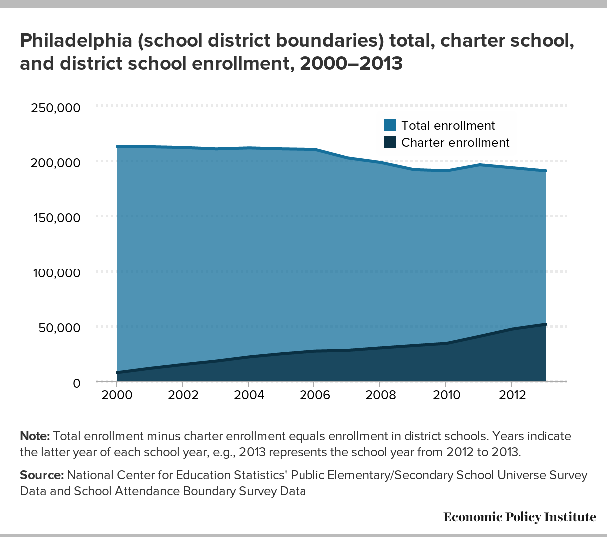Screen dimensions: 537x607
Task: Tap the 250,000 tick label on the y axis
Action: [56, 108]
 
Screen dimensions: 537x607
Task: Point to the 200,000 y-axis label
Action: [56, 163]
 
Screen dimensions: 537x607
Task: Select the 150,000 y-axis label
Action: [56, 218]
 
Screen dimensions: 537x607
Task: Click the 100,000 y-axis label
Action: [56, 273]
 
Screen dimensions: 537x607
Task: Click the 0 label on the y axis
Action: [76, 383]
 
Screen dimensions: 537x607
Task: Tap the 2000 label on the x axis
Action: [116, 395]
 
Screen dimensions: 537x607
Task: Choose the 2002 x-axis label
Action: [182, 395]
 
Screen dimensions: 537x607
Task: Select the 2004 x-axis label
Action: [248, 395]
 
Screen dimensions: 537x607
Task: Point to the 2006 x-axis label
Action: [314, 395]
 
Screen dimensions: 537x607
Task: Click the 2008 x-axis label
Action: [380, 395]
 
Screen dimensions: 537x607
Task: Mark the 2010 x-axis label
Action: [446, 395]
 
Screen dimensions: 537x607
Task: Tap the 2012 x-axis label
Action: [512, 395]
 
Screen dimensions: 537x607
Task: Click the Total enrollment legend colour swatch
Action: [390, 125]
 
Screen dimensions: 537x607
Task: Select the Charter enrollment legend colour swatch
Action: [390, 142]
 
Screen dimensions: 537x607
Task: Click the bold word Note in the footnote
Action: [35, 436]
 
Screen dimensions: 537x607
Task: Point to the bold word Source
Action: [42, 475]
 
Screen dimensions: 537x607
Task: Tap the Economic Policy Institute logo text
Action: [519, 517]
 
